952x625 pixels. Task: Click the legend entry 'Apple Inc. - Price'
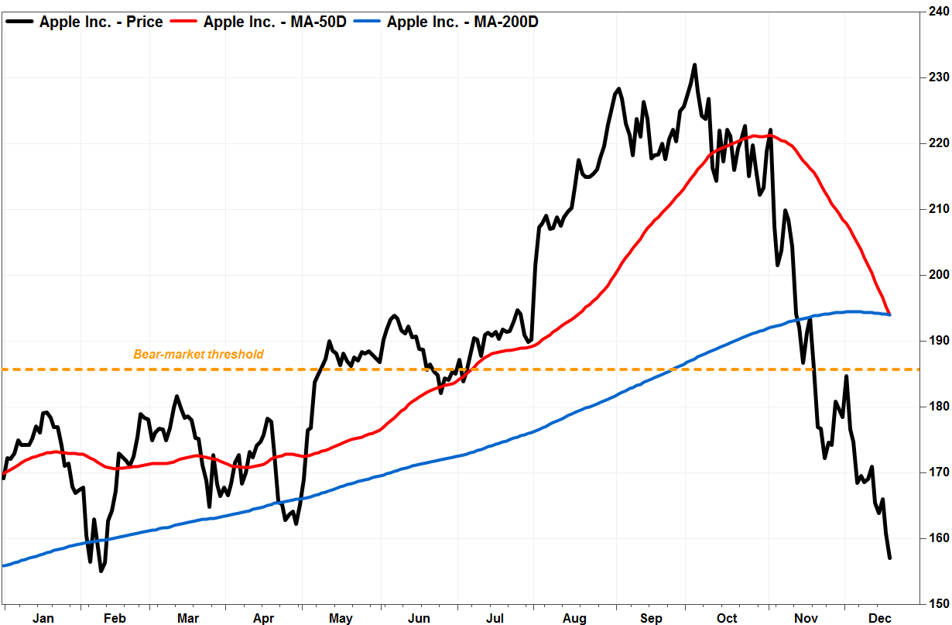point(101,22)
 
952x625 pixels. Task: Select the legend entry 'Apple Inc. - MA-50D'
point(275,22)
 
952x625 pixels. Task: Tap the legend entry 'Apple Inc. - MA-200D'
point(462,22)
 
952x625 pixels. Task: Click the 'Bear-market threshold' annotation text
point(199,355)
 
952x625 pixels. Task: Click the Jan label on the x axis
point(43,617)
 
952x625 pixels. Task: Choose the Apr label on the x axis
point(265,617)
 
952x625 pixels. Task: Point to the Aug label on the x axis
point(574,617)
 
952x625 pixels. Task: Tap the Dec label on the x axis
point(880,617)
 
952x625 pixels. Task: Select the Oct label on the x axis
point(728,617)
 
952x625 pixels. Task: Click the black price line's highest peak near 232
point(694,65)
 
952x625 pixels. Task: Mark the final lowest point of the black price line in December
point(890,558)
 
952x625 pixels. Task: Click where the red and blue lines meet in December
point(889,314)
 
